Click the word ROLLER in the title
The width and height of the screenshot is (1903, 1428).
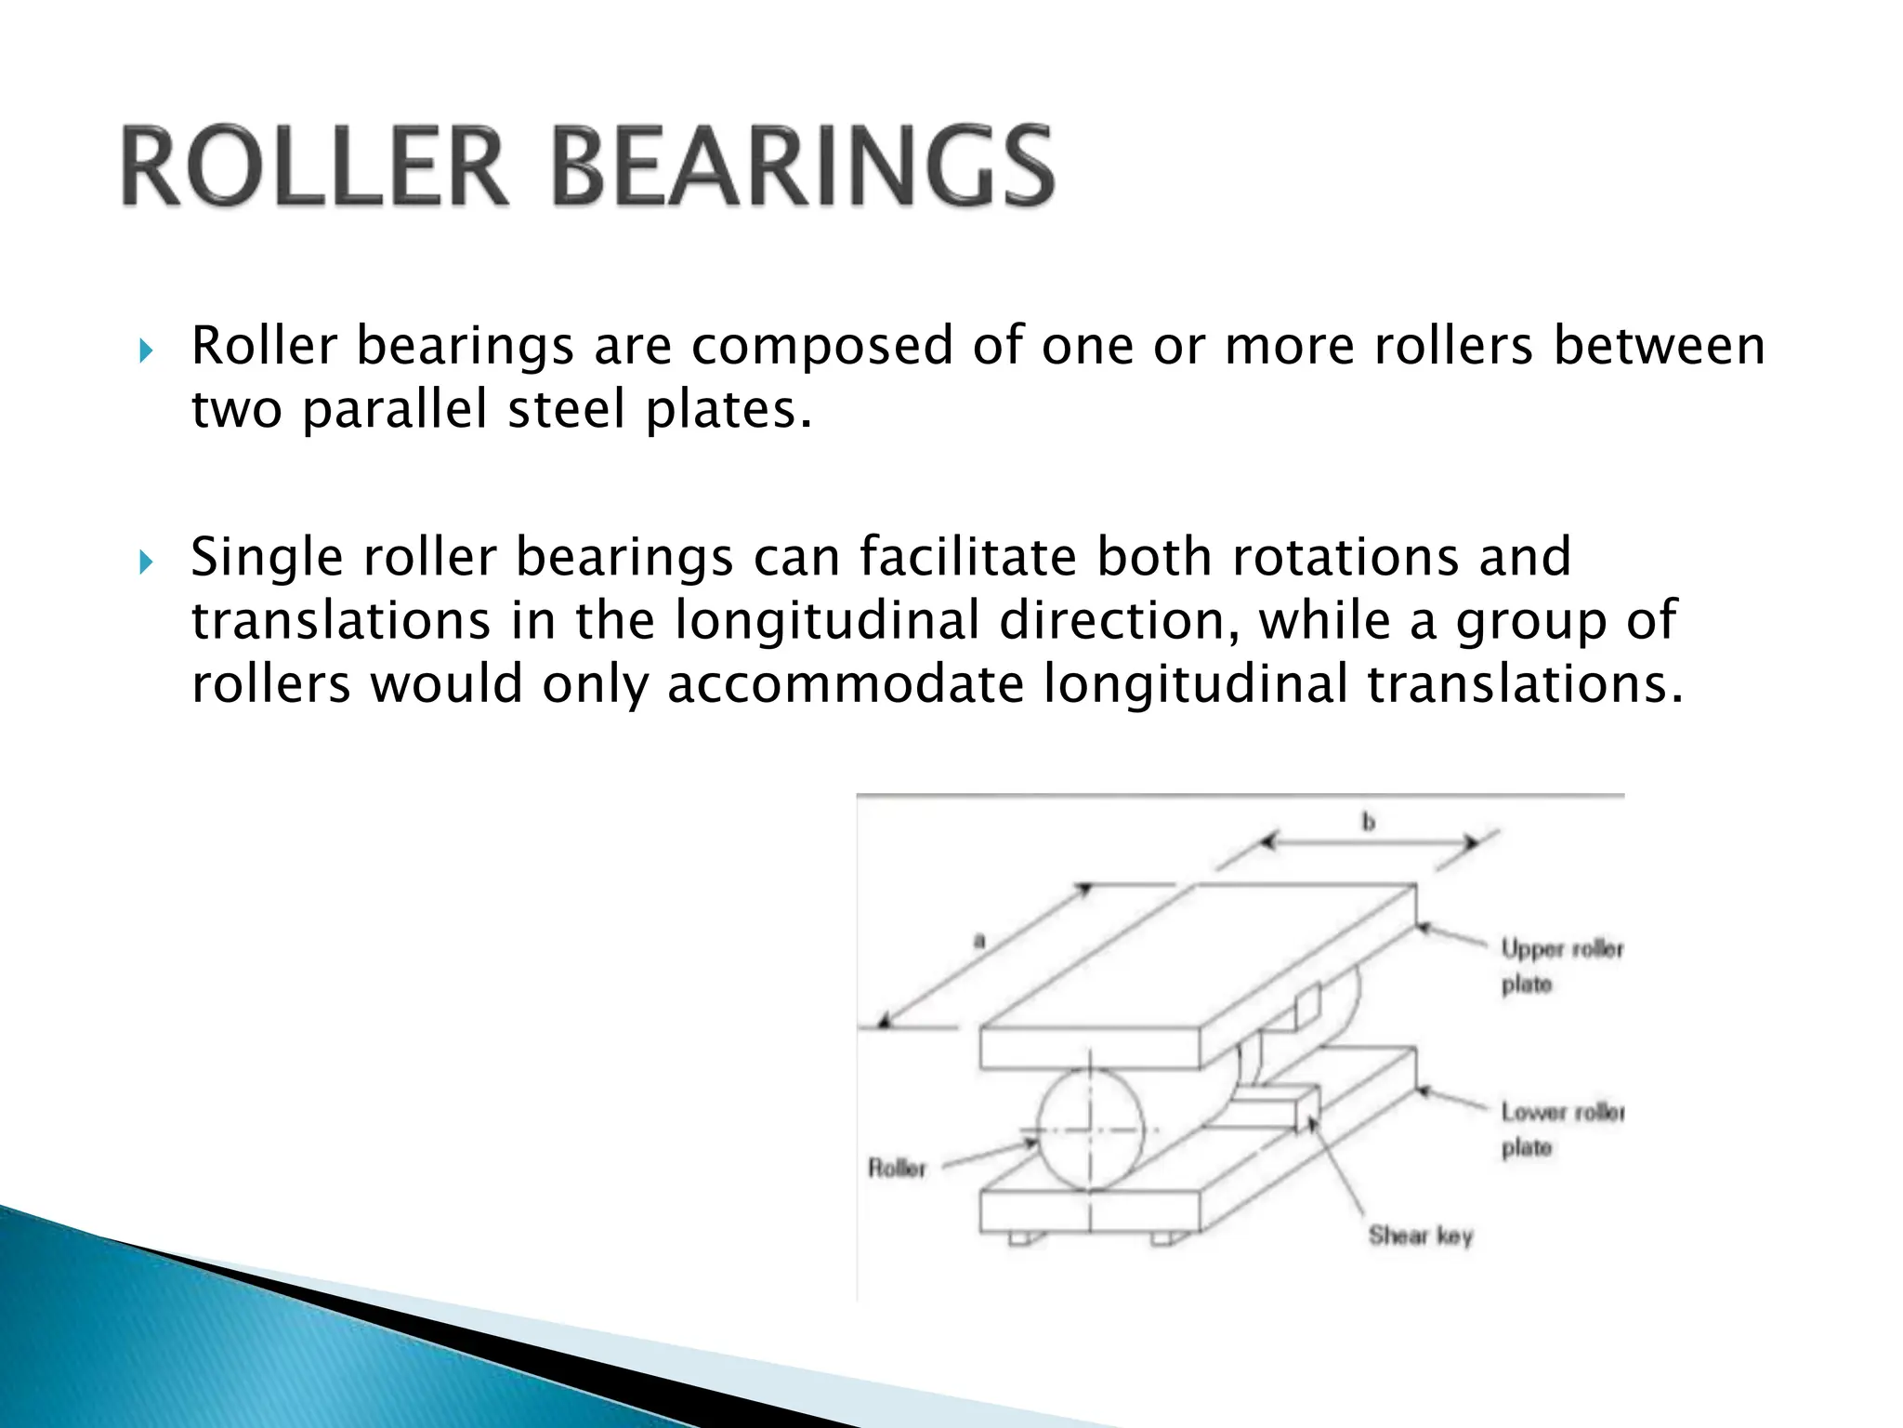(314, 168)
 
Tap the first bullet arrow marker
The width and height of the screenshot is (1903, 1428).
(144, 350)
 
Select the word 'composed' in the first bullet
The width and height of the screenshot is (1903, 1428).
(822, 348)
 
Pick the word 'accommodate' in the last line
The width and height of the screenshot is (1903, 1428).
(846, 684)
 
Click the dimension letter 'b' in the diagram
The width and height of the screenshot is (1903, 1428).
(1368, 822)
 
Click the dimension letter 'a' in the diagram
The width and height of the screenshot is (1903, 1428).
(978, 941)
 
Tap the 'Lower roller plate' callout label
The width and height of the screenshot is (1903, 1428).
(1561, 1129)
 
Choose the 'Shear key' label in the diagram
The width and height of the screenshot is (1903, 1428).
(1421, 1236)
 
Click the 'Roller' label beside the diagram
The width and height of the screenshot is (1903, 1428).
(897, 1168)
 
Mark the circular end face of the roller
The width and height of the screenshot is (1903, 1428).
(1089, 1129)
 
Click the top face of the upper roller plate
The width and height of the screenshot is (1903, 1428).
(1199, 958)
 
